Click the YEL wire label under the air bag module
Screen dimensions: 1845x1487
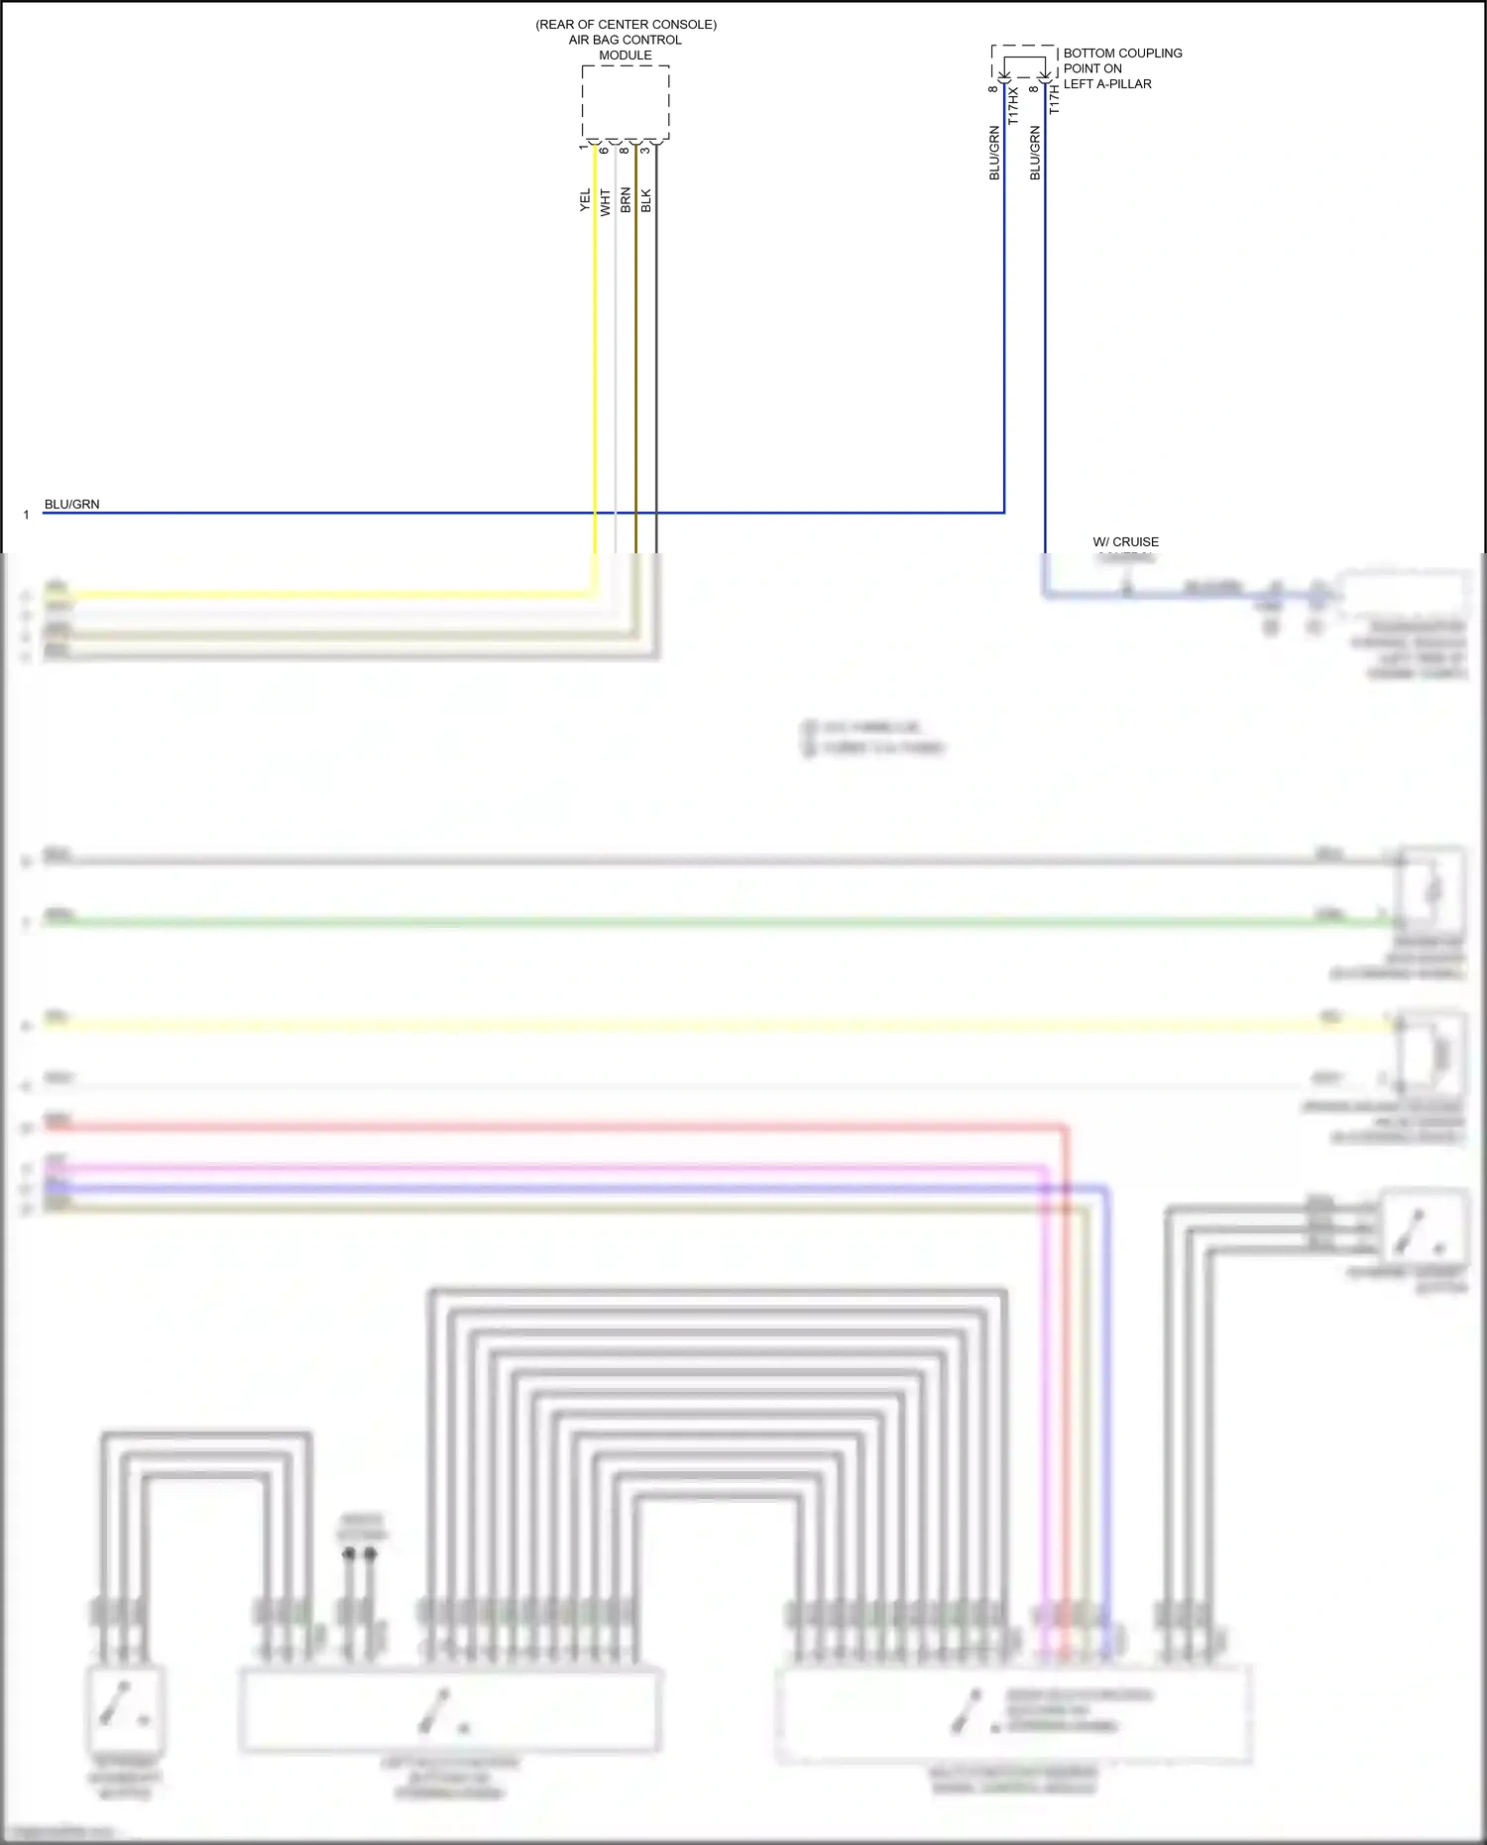click(585, 200)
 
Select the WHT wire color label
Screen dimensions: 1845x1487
click(606, 202)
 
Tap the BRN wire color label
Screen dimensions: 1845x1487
click(626, 200)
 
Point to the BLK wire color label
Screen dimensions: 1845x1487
click(646, 200)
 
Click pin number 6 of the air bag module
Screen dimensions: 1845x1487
click(604, 150)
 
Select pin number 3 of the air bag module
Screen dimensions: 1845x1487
click(645, 150)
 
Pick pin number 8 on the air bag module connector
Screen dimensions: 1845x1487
click(625, 150)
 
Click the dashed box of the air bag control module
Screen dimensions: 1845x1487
click(626, 102)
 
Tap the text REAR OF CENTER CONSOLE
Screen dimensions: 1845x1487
click(626, 24)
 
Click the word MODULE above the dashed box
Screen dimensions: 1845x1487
click(626, 56)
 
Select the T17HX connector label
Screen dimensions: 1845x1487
click(1013, 106)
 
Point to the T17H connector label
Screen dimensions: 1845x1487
click(1054, 99)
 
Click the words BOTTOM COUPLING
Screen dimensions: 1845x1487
click(1122, 54)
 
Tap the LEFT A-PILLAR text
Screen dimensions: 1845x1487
click(1107, 84)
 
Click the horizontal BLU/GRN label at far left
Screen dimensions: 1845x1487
click(71, 504)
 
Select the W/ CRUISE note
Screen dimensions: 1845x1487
click(1125, 542)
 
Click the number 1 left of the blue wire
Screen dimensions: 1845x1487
click(27, 516)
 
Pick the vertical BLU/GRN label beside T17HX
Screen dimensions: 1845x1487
click(994, 153)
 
